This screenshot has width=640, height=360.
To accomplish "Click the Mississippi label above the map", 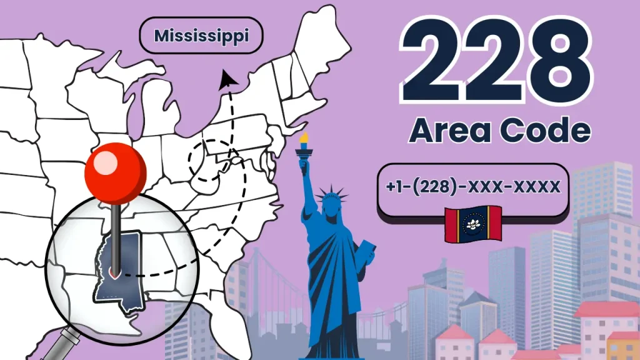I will (x=201, y=36).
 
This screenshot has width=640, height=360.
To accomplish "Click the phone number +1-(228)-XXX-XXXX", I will (x=473, y=187).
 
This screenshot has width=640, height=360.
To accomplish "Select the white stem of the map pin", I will (x=116, y=231).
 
